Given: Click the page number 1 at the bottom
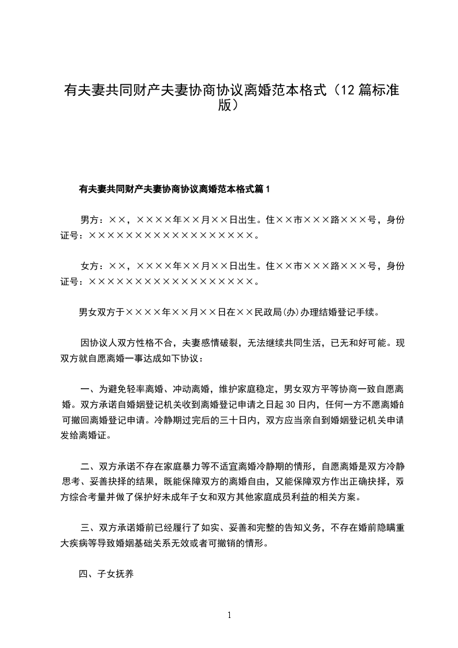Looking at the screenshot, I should pyautogui.click(x=229, y=615).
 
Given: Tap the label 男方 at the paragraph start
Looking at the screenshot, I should pyautogui.click(x=89, y=219).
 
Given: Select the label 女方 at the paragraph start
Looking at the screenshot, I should pyautogui.click(x=89, y=266).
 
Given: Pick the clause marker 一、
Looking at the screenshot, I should pyautogui.click(x=88, y=388).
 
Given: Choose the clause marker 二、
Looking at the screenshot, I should pyautogui.click(x=88, y=466).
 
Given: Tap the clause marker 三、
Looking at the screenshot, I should pyautogui.click(x=88, y=528).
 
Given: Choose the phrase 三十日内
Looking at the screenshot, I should pyautogui.click(x=239, y=419).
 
